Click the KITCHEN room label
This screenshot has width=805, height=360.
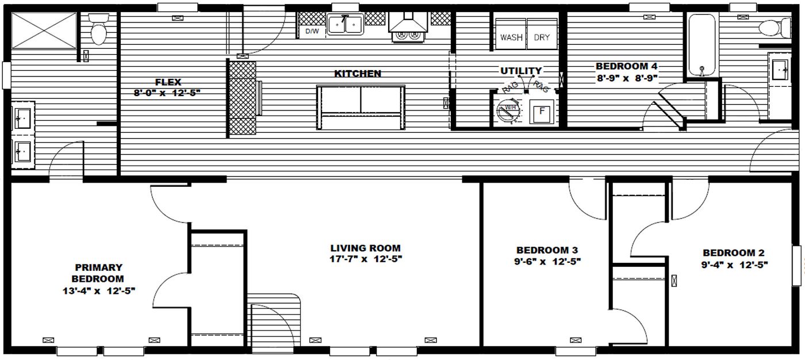click(358, 74)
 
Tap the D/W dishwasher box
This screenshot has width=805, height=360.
click(312, 31)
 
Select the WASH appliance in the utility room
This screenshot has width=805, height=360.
click(511, 37)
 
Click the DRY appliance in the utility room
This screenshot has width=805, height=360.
click(542, 37)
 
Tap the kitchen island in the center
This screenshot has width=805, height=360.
click(361, 107)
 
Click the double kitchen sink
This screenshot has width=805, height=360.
click(345, 25)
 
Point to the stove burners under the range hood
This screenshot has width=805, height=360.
click(407, 36)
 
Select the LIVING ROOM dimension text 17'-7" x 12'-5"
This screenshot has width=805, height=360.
click(366, 259)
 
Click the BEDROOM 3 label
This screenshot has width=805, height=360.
click(546, 250)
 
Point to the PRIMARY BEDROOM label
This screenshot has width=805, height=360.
click(98, 273)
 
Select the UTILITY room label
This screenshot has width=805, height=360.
click(520, 71)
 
